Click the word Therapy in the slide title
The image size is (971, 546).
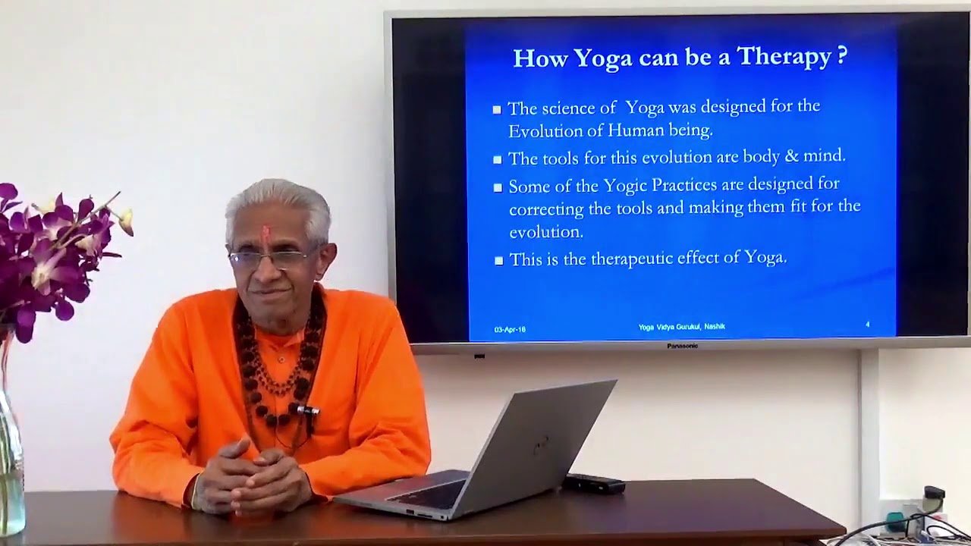(x=784, y=57)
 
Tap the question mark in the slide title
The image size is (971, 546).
(x=841, y=56)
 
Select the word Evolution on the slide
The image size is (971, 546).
(x=539, y=130)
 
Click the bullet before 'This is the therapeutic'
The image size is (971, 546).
(x=498, y=260)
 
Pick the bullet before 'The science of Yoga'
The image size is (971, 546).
(x=497, y=110)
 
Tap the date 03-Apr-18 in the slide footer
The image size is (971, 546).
(x=510, y=329)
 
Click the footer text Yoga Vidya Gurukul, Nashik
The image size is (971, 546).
(x=681, y=327)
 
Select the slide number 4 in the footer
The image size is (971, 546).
(x=867, y=325)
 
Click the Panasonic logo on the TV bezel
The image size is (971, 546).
(x=682, y=346)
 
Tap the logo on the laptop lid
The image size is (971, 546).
(x=540, y=446)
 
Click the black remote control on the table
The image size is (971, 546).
(x=593, y=483)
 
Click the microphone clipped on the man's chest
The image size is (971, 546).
(x=306, y=410)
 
